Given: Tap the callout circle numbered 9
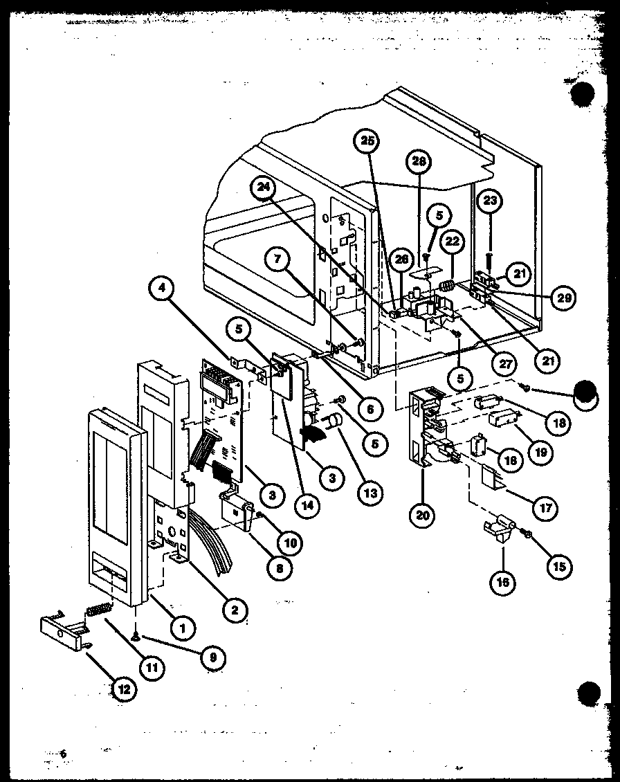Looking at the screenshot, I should pyautogui.click(x=212, y=658).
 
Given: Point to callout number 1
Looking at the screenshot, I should pyautogui.click(x=182, y=628).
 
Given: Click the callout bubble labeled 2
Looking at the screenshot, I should pyautogui.click(x=235, y=609).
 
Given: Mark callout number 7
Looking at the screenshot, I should pyautogui.click(x=277, y=260).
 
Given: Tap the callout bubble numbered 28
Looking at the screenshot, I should pyautogui.click(x=418, y=163).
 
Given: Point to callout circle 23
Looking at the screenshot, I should pyautogui.click(x=490, y=201).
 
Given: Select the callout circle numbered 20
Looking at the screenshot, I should pyautogui.click(x=422, y=514).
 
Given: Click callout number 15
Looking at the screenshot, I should pyautogui.click(x=558, y=566).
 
